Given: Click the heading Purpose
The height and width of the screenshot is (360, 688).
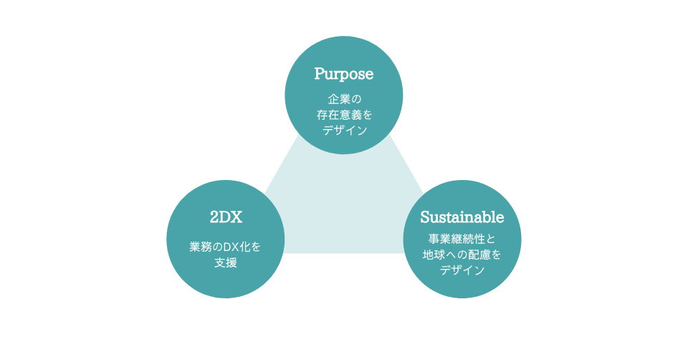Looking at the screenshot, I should pyautogui.click(x=344, y=74).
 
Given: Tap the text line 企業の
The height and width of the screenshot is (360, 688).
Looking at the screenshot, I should pyautogui.click(x=344, y=99).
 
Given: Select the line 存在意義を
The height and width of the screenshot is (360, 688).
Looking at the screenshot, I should pyautogui.click(x=344, y=115).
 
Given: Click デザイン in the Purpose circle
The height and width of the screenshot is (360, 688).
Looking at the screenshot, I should pyautogui.click(x=344, y=131).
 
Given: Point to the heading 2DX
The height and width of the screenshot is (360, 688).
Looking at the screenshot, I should pyautogui.click(x=226, y=217).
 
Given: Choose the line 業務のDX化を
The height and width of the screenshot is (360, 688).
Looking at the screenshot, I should pyautogui.click(x=226, y=247).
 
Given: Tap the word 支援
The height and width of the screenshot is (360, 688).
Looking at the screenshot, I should pyautogui.click(x=226, y=262).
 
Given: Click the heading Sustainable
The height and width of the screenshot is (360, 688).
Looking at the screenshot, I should pyautogui.click(x=462, y=217).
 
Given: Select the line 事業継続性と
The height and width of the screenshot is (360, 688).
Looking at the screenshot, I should pyautogui.click(x=462, y=239).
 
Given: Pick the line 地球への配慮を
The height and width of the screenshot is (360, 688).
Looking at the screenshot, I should pyautogui.click(x=462, y=255).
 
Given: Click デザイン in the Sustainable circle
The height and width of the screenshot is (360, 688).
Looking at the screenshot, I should pyautogui.click(x=462, y=270).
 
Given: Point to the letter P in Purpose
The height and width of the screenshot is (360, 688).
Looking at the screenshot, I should pyautogui.click(x=320, y=74).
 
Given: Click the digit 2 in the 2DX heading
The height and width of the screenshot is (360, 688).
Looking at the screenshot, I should pyautogui.click(x=214, y=217).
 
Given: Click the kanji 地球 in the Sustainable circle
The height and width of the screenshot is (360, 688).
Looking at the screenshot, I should pyautogui.click(x=434, y=255).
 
